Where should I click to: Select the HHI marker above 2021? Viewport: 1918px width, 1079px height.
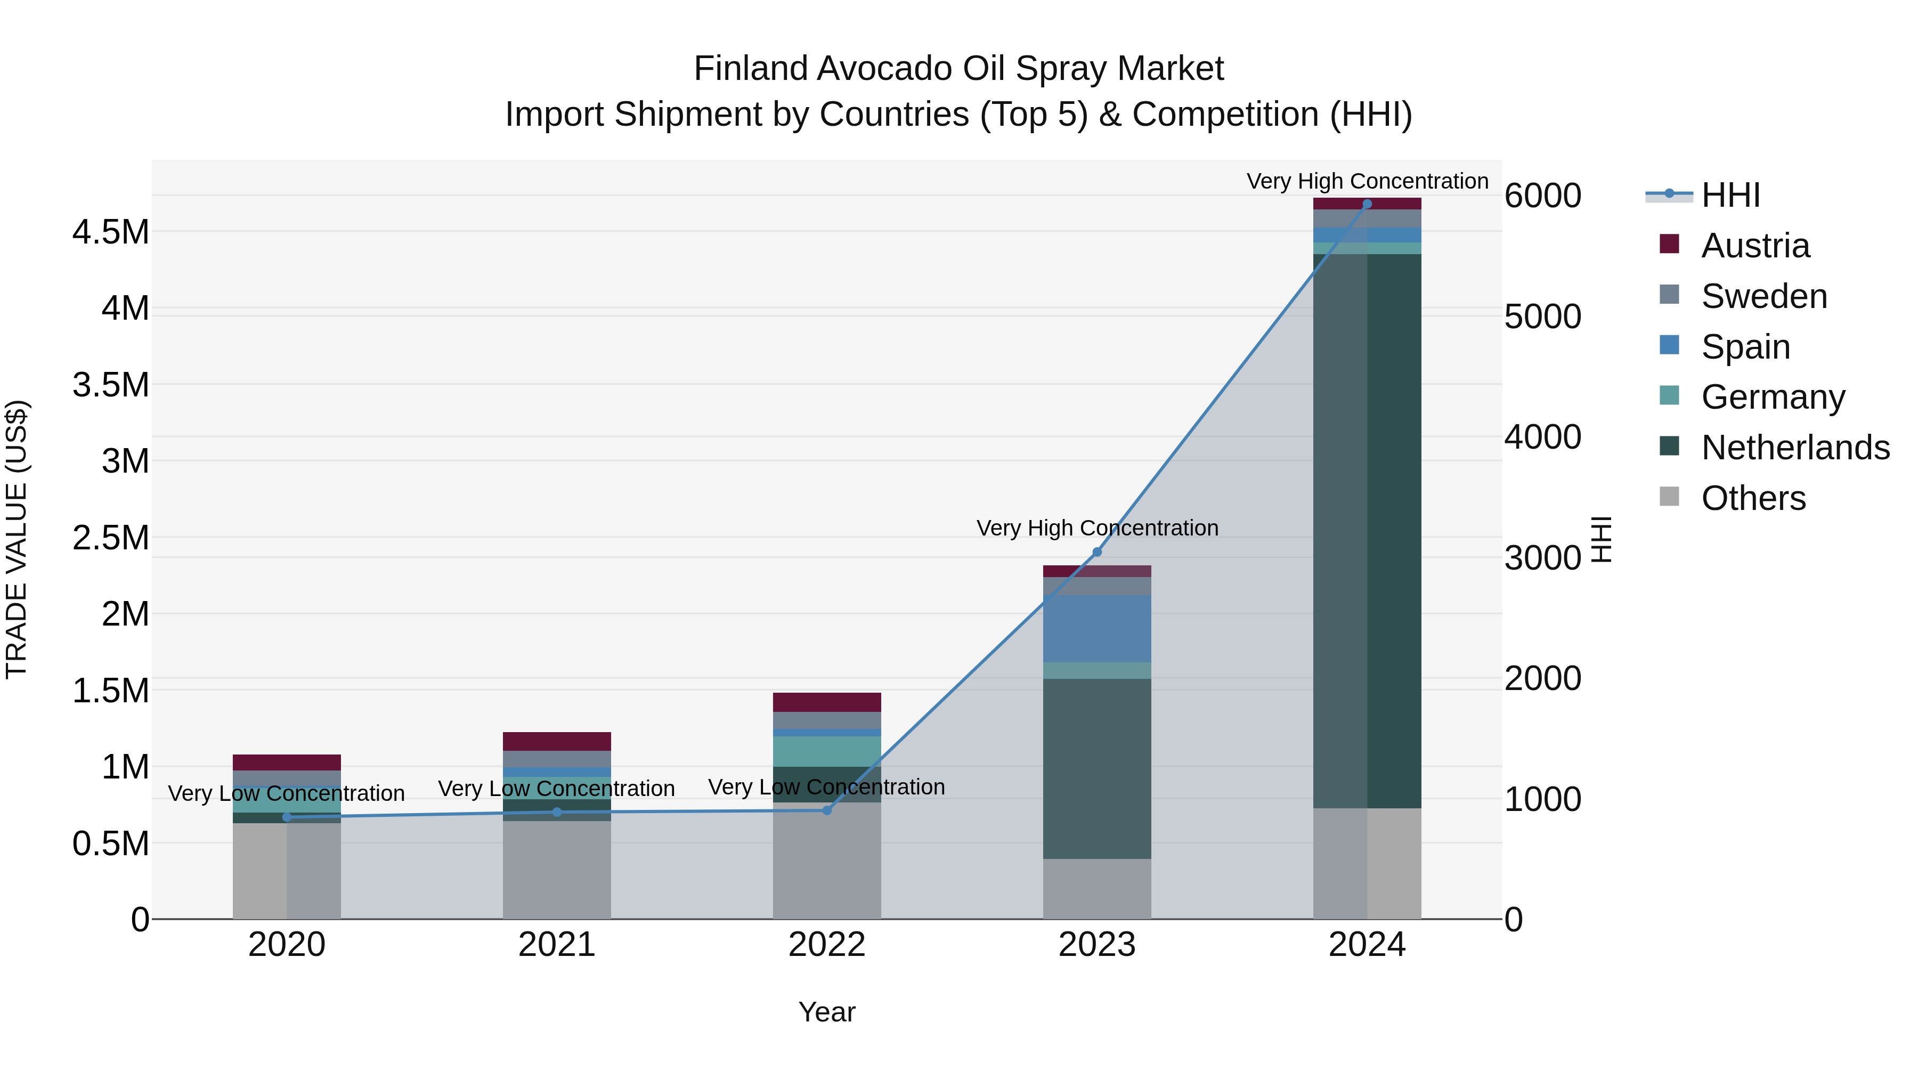click(x=557, y=812)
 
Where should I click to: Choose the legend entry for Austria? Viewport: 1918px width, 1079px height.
click(x=1754, y=246)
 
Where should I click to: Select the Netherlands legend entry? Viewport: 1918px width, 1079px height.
click(x=1794, y=448)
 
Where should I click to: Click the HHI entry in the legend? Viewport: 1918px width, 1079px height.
click(x=1729, y=195)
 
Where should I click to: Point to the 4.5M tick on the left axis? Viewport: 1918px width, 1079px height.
click(x=110, y=232)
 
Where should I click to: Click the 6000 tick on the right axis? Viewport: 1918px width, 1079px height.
click(x=1542, y=196)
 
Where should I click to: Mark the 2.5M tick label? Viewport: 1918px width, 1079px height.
click(x=110, y=538)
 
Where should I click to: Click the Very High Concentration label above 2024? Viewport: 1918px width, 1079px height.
click(x=1367, y=181)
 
